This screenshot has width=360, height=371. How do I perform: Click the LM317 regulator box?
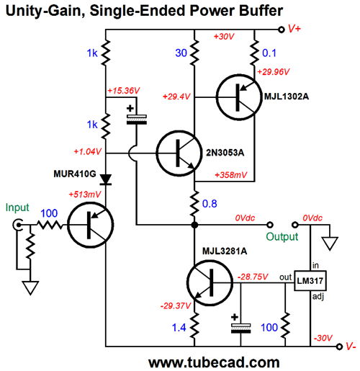(310, 281)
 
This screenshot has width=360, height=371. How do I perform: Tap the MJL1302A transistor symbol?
(239, 97)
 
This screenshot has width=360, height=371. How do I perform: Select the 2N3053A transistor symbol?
(179, 153)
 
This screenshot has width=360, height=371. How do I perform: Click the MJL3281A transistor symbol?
(210, 282)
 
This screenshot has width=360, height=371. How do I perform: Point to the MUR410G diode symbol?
(106, 179)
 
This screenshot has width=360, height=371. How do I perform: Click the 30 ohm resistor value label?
(181, 53)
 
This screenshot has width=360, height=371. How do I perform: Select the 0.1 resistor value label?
(269, 53)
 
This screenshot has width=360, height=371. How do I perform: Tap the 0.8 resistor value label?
(210, 204)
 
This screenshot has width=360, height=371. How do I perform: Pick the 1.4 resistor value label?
(179, 328)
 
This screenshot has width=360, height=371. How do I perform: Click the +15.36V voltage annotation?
(124, 91)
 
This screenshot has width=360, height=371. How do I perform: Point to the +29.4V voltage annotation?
(176, 97)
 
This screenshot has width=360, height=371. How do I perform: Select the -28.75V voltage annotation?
(253, 277)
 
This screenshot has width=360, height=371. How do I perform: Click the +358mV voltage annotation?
(231, 175)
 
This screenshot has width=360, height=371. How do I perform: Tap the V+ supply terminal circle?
(282, 30)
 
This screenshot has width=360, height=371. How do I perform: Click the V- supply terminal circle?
(339, 347)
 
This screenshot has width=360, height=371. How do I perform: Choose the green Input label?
(17, 207)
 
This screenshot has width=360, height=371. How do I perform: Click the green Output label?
(282, 237)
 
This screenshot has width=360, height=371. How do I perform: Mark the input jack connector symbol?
(17, 225)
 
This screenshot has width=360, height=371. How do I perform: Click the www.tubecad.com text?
(214, 362)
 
